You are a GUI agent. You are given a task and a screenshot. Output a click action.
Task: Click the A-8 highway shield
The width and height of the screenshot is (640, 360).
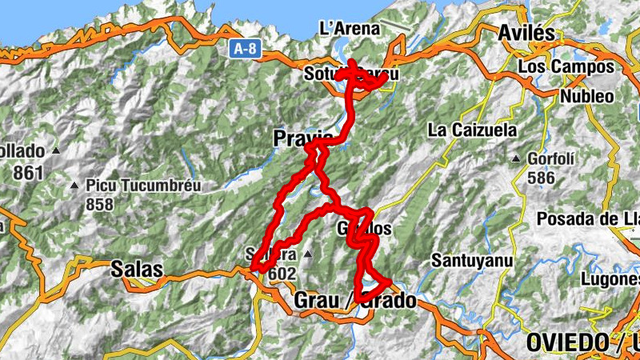[x=246, y=49]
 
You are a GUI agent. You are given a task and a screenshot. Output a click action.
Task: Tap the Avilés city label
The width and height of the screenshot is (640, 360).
[x=526, y=33]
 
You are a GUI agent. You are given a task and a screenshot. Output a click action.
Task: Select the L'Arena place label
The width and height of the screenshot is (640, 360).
[x=349, y=29]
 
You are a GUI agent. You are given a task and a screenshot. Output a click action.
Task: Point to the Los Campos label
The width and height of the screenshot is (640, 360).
[x=566, y=66]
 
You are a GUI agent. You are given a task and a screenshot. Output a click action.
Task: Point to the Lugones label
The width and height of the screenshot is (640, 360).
[x=612, y=279]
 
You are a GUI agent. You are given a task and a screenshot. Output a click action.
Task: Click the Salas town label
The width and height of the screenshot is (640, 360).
[x=138, y=269]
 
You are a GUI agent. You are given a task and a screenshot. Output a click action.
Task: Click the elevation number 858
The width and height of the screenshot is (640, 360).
[x=100, y=205]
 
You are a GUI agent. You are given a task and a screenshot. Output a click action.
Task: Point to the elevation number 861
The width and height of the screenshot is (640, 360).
[x=27, y=171]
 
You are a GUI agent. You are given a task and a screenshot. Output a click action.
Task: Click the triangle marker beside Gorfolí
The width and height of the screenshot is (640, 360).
[x=518, y=158]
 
